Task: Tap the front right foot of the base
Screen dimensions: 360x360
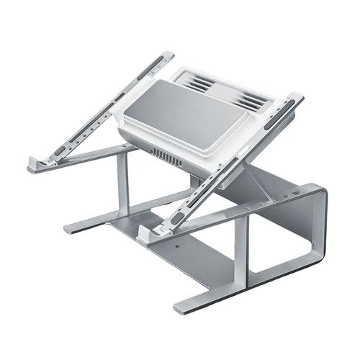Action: (x=184, y=309)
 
